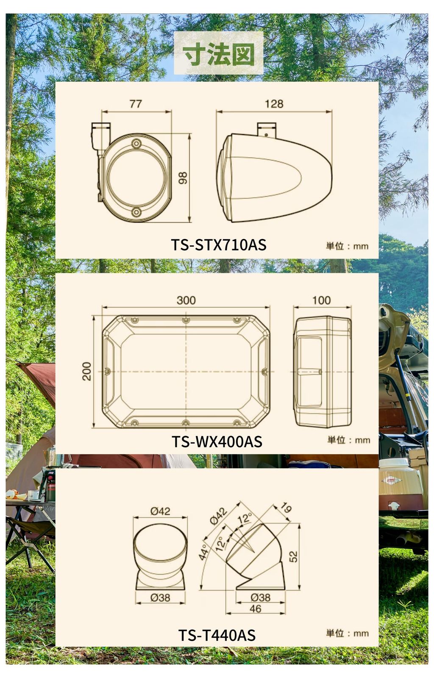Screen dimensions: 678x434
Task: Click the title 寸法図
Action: click(x=219, y=55)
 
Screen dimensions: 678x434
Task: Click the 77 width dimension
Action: click(x=136, y=104)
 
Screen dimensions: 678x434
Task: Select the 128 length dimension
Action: click(x=274, y=104)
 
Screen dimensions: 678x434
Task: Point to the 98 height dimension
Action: click(x=183, y=178)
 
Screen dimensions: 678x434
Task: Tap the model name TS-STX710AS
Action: click(x=219, y=245)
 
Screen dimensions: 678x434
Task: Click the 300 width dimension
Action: click(x=186, y=300)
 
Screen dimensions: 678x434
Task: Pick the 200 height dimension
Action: click(x=87, y=371)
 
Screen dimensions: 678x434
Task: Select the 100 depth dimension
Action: click(x=321, y=300)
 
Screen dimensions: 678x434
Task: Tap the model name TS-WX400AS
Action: click(x=217, y=442)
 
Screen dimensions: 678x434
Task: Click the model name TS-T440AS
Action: click(x=217, y=635)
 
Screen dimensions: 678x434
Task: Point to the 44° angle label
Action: click(x=204, y=552)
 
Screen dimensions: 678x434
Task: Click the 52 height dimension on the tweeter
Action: click(x=293, y=556)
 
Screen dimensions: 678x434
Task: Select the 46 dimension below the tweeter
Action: click(x=256, y=609)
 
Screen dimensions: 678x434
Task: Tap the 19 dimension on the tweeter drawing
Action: click(x=286, y=508)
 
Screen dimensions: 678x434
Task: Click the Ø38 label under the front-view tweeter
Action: click(x=160, y=597)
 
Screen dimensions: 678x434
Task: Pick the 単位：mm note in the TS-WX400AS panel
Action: click(x=348, y=440)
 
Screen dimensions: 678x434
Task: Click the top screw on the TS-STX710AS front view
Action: click(x=136, y=144)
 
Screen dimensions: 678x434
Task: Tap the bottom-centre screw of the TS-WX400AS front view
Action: click(x=186, y=422)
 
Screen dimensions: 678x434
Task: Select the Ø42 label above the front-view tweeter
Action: click(x=160, y=511)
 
